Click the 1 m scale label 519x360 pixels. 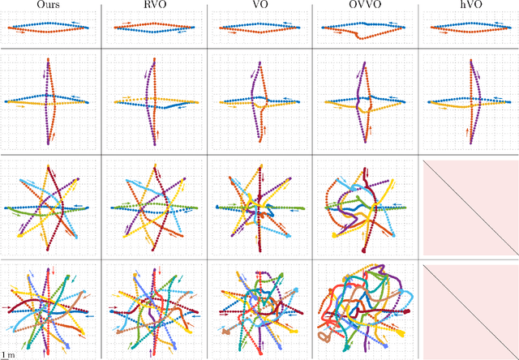pos(6,355)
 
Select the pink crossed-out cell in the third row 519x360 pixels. pos(469,208)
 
